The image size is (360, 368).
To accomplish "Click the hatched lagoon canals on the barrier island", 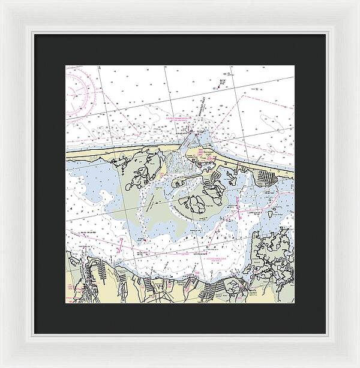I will [265, 177].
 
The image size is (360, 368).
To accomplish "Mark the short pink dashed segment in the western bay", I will [122, 244].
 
